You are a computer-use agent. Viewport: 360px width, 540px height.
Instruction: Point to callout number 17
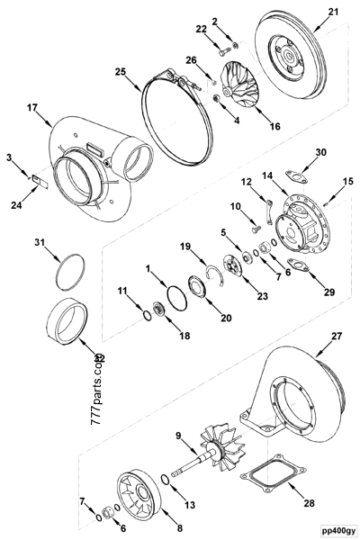(x=33, y=108)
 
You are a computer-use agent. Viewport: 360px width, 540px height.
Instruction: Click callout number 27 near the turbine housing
(x=311, y=337)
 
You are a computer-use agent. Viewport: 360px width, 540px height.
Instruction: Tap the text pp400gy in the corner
(x=333, y=531)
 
